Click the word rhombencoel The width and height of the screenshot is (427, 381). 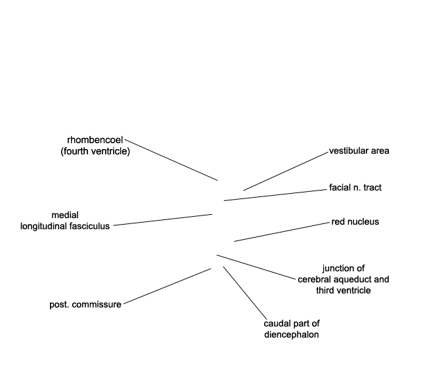coord(95,140)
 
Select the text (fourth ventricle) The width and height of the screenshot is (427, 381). coord(95,151)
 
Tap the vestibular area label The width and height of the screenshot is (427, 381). coord(359,151)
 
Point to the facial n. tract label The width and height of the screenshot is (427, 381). coord(355,187)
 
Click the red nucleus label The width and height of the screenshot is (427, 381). coord(355,221)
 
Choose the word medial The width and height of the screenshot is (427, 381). coord(65,215)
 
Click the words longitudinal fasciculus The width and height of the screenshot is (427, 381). coord(65,226)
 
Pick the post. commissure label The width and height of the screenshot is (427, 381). coord(85,305)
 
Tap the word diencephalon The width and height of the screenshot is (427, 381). coord(292,334)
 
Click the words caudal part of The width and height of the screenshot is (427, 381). coord(292,324)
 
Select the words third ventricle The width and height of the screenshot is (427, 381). coord(344,290)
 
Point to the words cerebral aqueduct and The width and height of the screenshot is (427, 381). coord(344,279)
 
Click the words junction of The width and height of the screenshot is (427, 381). coord(344,269)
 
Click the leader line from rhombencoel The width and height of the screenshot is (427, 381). coord(171,160)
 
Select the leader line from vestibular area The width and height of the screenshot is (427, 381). coord(286,171)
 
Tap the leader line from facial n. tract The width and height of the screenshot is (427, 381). coord(275,195)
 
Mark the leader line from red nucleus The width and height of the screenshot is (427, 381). coord(282,232)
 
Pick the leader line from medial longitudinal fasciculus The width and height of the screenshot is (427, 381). coord(163,220)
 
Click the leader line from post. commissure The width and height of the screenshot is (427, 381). coord(168,286)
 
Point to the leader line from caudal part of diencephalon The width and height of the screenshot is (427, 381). coord(245,293)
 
